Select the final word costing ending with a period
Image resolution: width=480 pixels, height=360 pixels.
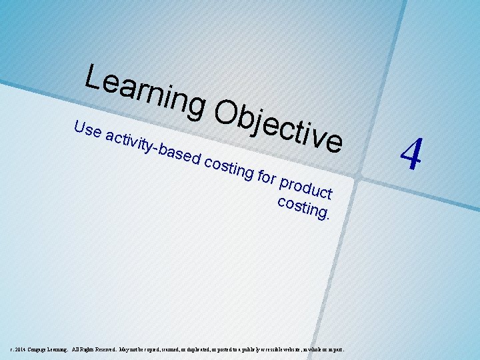point(303,206)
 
